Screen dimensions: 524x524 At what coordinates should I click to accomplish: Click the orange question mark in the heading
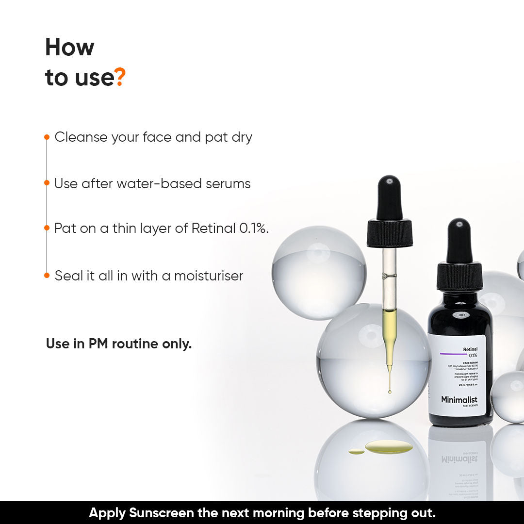coord(120,78)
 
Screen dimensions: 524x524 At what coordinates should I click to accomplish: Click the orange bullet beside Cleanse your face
coord(47,137)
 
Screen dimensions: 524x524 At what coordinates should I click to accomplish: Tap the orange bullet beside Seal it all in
coord(47,276)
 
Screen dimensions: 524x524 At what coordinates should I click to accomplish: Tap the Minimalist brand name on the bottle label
coord(459,400)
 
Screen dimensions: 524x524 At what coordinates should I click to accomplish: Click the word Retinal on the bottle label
coord(470,349)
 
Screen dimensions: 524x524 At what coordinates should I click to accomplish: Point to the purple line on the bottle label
coord(453,354)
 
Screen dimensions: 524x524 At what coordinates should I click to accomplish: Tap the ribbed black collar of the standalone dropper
coord(390,233)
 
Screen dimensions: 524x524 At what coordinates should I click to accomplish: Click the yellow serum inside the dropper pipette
coord(389,330)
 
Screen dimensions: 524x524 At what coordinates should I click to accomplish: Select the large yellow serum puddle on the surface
coord(389,447)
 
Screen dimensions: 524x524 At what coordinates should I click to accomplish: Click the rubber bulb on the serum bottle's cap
coord(459,240)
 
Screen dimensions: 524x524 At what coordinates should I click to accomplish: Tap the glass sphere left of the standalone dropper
coord(319,272)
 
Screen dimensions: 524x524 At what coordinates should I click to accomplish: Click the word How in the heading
coord(69,48)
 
